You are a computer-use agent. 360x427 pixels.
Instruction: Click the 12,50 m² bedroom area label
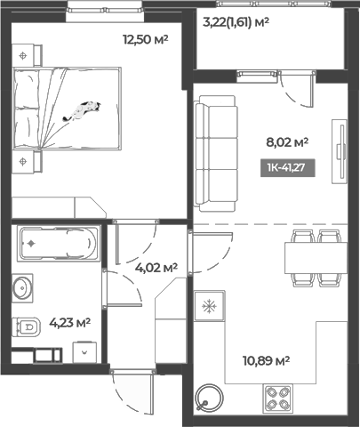click(x=146, y=39)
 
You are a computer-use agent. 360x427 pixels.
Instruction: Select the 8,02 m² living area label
click(x=287, y=142)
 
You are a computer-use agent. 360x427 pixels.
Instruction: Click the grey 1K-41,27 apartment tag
click(x=287, y=168)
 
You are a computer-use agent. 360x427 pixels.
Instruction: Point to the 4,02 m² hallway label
click(x=156, y=268)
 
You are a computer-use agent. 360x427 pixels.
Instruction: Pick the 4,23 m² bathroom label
click(x=70, y=322)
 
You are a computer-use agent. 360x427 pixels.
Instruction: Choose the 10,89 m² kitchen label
click(x=266, y=361)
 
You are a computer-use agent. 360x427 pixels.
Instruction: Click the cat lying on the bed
click(x=82, y=111)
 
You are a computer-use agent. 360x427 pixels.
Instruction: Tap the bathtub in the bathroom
click(x=58, y=244)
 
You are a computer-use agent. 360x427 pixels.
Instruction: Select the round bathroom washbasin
click(x=22, y=288)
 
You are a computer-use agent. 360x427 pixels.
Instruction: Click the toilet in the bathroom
click(x=26, y=327)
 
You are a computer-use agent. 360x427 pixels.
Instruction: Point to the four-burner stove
click(x=277, y=399)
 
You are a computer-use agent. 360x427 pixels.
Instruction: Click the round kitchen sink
click(x=210, y=398)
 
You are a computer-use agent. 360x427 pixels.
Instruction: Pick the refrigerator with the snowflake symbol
click(x=210, y=306)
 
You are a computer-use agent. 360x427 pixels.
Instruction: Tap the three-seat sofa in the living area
click(x=216, y=153)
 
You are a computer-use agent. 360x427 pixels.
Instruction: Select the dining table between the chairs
click(x=316, y=258)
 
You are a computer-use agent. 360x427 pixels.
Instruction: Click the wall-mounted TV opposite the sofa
click(x=340, y=151)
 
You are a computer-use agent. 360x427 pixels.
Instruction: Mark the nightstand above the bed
click(x=27, y=55)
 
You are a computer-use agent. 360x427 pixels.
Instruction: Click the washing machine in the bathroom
click(x=84, y=352)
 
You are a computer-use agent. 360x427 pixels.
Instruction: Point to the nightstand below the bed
click(x=27, y=161)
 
